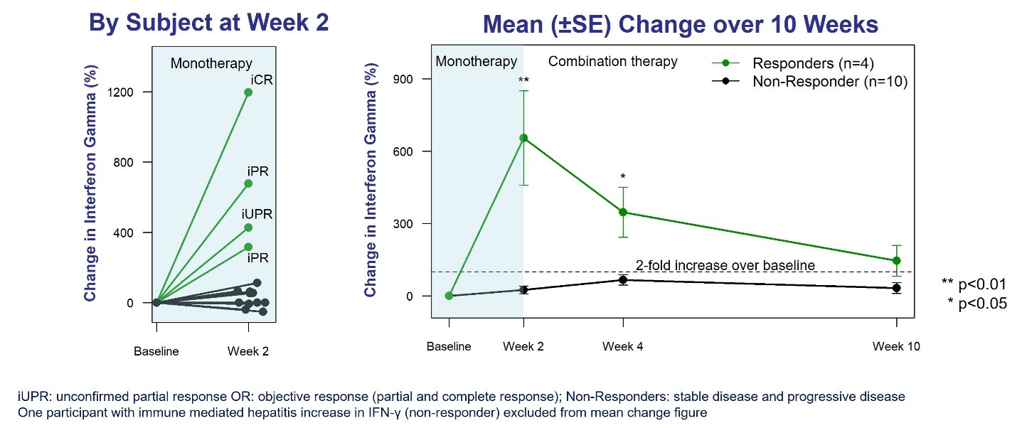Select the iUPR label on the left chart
pos(257,214)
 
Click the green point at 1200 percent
pos(248,92)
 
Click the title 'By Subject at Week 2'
pos(208,23)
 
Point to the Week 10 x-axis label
pos(896,346)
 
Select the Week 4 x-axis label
pos(623,346)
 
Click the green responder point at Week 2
pos(523,138)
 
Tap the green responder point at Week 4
pos(623,212)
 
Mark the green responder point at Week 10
pos(896,261)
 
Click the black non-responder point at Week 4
pos(623,279)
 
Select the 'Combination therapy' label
pos(612,62)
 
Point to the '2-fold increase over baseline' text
pos(725,265)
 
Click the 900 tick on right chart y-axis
pos(408,79)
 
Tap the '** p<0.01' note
pos(974,284)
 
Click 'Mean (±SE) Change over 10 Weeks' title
pos(680,26)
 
